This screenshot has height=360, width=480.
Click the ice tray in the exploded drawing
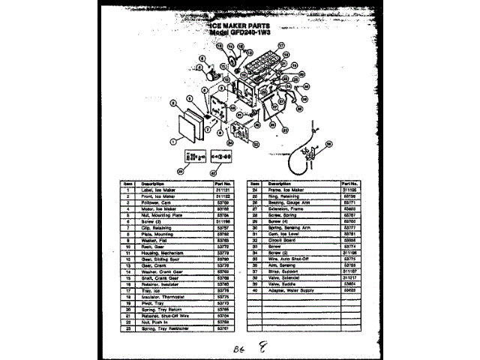[259, 60]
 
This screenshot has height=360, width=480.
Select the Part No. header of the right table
[349, 183]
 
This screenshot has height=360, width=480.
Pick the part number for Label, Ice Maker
[222, 190]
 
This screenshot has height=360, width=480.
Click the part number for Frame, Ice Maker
[349, 190]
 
